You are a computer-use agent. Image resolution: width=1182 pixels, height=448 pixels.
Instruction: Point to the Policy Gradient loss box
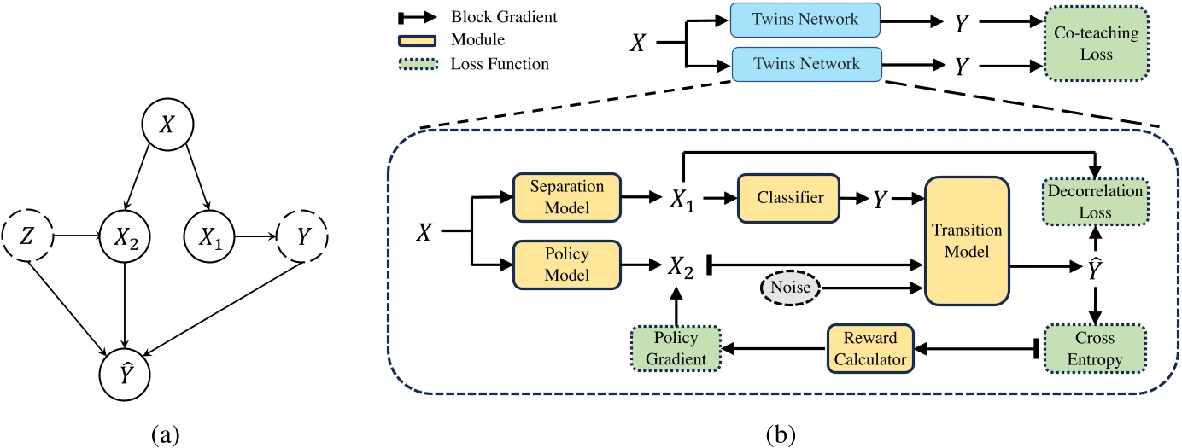pyautogui.click(x=675, y=349)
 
